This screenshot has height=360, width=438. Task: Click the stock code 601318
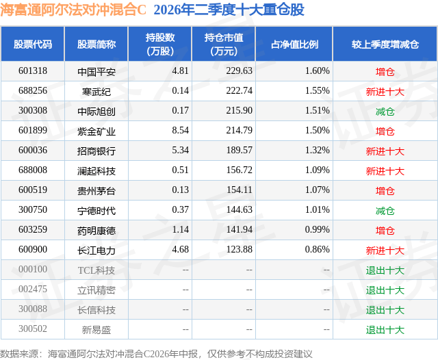click(33, 71)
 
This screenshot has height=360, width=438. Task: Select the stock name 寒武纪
click(96, 92)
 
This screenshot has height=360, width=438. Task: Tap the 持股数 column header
click(160, 44)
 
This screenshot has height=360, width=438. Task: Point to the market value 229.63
click(239, 71)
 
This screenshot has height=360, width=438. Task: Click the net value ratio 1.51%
click(317, 111)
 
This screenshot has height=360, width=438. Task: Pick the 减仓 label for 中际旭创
click(385, 112)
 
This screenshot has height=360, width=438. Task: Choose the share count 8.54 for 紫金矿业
click(180, 131)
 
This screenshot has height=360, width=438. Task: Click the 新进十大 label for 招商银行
click(385, 151)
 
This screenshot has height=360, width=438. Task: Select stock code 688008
click(33, 170)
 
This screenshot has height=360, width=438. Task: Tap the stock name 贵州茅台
click(96, 191)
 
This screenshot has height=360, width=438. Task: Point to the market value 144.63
click(239, 209)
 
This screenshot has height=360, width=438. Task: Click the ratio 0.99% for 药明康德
click(317, 229)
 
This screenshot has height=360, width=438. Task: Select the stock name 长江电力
click(96, 250)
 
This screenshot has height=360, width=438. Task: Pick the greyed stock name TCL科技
click(96, 270)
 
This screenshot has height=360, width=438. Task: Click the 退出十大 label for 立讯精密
click(385, 290)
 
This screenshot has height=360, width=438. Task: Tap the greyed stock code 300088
click(33, 309)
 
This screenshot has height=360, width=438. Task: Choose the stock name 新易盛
click(96, 330)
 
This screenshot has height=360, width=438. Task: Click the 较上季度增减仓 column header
click(385, 44)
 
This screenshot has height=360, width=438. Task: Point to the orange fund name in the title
click(73, 10)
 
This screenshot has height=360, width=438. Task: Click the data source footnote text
click(156, 354)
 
